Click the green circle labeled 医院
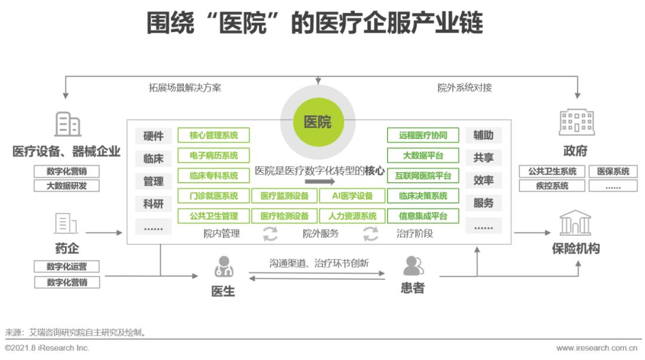(x=318, y=122)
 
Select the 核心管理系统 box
(x=213, y=135)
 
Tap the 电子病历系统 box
(x=213, y=155)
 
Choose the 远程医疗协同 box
(x=423, y=135)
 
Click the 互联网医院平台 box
(x=423, y=176)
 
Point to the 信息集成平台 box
(x=423, y=216)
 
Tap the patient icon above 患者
(x=413, y=266)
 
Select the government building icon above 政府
(x=576, y=122)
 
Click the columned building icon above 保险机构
(x=575, y=224)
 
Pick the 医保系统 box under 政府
(x=613, y=171)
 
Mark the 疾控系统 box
(x=552, y=186)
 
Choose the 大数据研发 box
(x=66, y=186)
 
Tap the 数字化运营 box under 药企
(x=66, y=266)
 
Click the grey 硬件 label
(x=153, y=136)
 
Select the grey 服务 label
(x=483, y=203)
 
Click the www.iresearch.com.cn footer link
(x=596, y=348)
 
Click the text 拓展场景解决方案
(x=185, y=88)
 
